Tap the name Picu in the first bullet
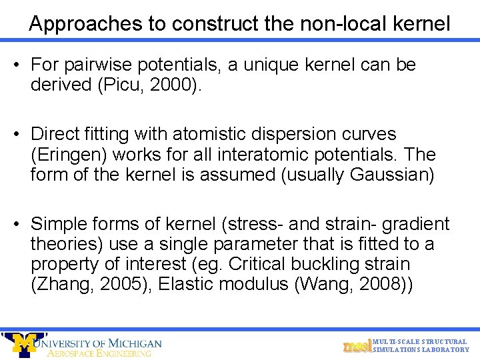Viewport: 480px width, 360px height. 119,85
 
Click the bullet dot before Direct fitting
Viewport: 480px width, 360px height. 17,135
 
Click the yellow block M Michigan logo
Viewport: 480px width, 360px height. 25,344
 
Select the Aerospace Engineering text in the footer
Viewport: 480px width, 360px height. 99,353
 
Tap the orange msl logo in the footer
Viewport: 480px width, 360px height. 356,346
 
